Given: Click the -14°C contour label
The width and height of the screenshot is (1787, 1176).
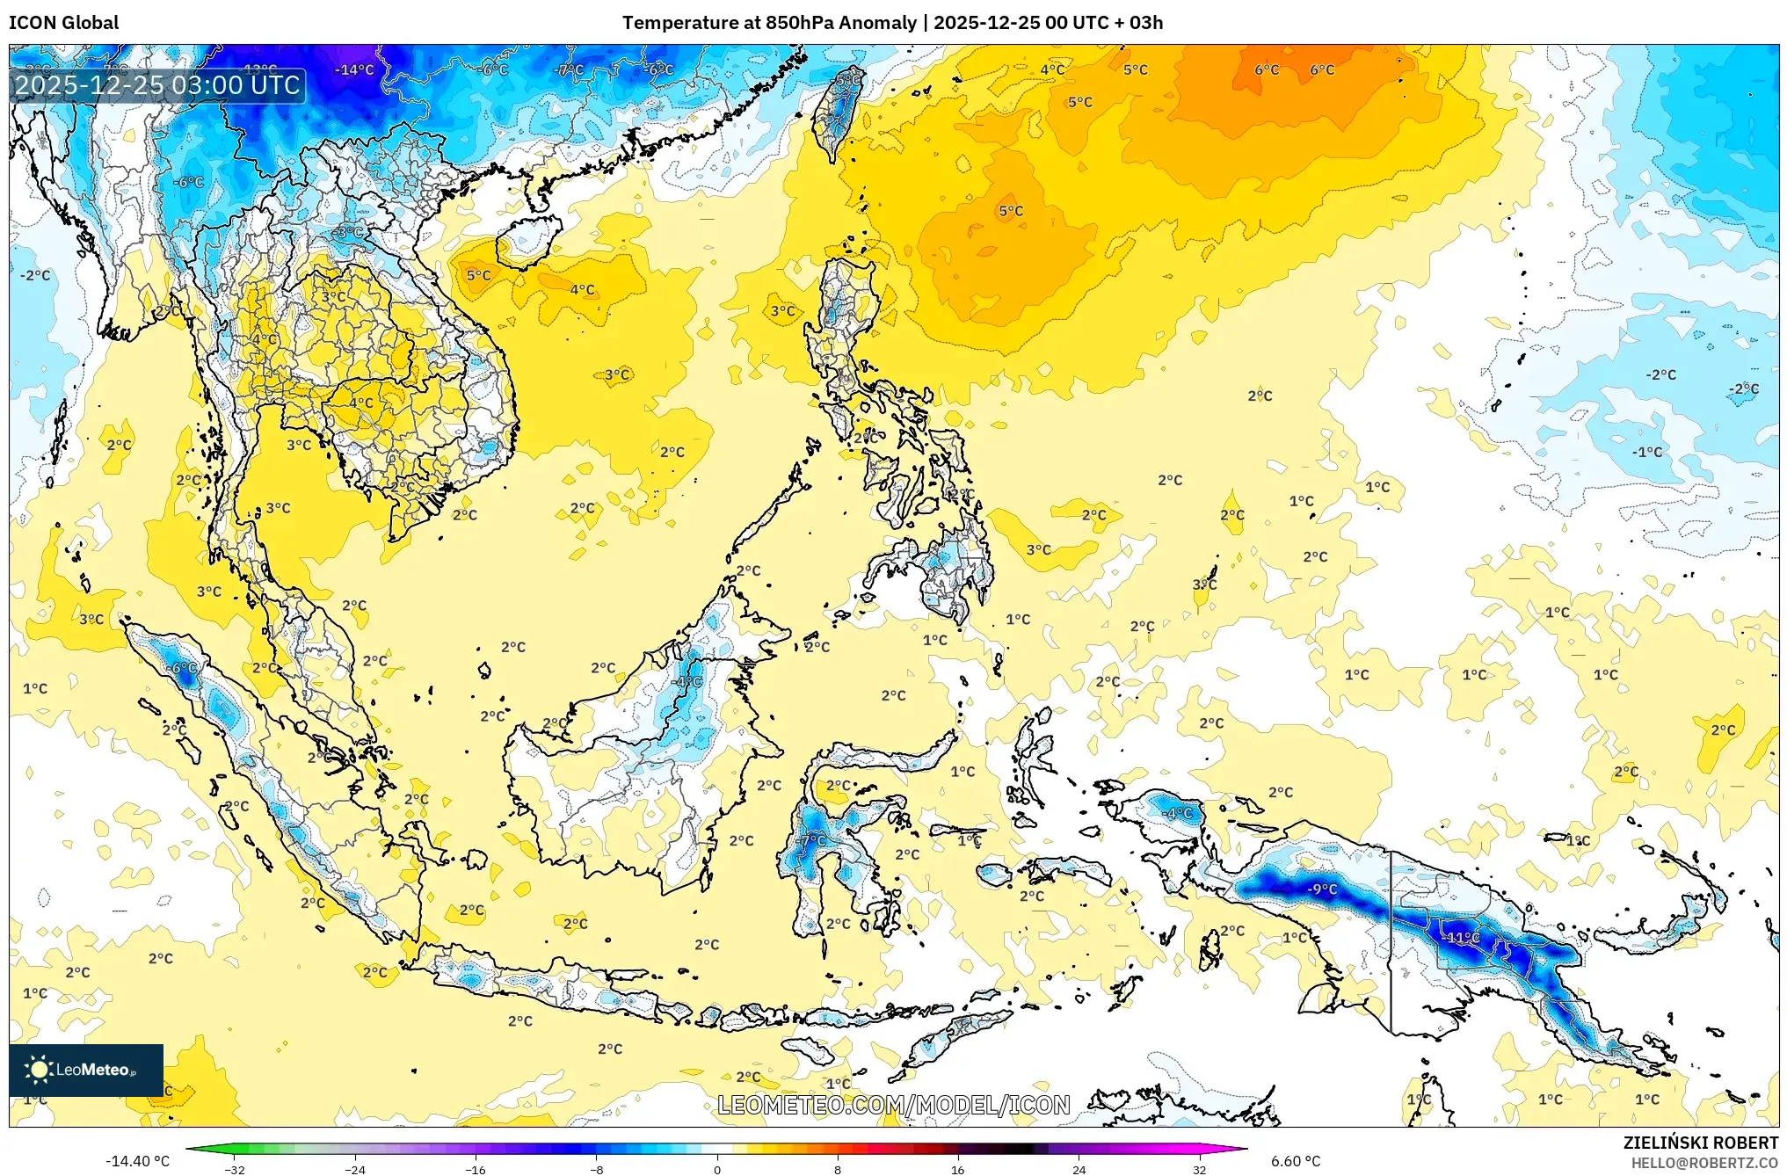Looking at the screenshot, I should tap(355, 70).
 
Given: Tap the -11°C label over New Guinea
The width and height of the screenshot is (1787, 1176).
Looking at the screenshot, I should tap(1462, 937).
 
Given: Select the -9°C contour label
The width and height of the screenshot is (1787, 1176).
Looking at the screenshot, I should tap(1321, 889).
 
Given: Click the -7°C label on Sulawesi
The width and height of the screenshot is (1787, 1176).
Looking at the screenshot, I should tap(814, 840).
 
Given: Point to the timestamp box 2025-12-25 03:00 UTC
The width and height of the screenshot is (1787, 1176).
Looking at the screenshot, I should tap(158, 85).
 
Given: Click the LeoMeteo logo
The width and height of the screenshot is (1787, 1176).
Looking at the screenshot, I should tap(86, 1070).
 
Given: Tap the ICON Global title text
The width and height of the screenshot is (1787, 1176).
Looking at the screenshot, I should tap(64, 23).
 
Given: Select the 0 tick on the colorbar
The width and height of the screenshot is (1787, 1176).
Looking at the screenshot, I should tap(717, 1170).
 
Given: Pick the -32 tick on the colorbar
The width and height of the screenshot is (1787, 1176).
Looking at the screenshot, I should tap(235, 1170).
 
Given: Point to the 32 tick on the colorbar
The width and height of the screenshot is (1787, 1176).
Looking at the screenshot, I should tap(1199, 1170).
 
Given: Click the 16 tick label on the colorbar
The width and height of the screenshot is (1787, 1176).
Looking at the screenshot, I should tap(958, 1170).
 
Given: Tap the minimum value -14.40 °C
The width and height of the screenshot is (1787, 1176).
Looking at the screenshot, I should tap(138, 1161).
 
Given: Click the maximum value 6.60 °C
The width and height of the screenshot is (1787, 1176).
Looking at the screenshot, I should tap(1296, 1161).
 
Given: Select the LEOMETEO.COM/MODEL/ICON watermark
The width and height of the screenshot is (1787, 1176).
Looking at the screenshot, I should tap(894, 1105).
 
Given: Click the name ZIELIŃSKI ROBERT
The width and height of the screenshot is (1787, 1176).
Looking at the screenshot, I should tap(1701, 1143).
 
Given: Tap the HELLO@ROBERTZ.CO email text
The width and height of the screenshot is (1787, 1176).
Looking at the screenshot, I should tap(1704, 1163).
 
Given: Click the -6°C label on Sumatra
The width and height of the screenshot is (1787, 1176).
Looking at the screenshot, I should tap(184, 668).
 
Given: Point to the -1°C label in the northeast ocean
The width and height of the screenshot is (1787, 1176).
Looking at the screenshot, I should tap(1648, 452).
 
